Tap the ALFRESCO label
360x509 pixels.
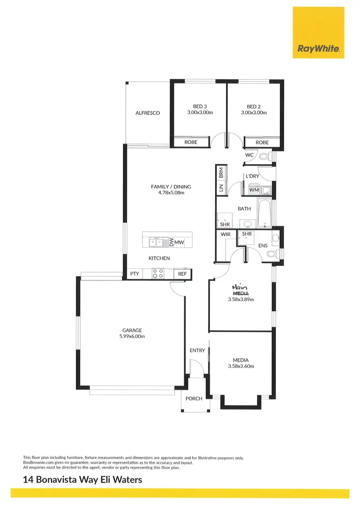coord(147,113)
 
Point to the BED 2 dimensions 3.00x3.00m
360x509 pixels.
coord(253,112)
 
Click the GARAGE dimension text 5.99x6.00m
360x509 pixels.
coord(132,336)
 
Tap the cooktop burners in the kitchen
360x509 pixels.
coord(157,274)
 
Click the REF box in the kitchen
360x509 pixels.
coord(182,274)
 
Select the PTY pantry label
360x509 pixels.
coord(134,274)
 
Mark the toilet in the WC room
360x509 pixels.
coord(263,156)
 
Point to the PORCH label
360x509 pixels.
coord(194,398)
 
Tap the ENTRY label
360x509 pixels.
coord(197,351)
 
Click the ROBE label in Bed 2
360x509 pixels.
coord(262,142)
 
